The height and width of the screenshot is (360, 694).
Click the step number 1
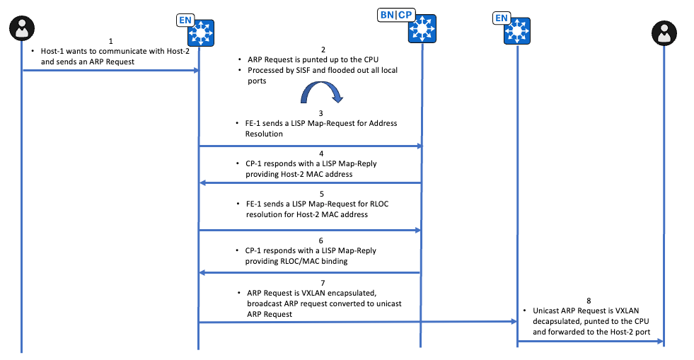[x=110, y=42]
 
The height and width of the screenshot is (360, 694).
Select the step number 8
[x=589, y=300]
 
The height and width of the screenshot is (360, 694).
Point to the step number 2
[x=323, y=49]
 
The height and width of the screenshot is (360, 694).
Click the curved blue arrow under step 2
[x=323, y=93]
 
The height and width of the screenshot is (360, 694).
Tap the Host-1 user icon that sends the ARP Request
[x=22, y=30]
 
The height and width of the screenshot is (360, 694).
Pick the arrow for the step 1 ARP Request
[x=110, y=70]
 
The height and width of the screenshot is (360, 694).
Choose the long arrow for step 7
[x=357, y=322]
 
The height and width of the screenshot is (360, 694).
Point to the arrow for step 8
[x=591, y=342]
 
